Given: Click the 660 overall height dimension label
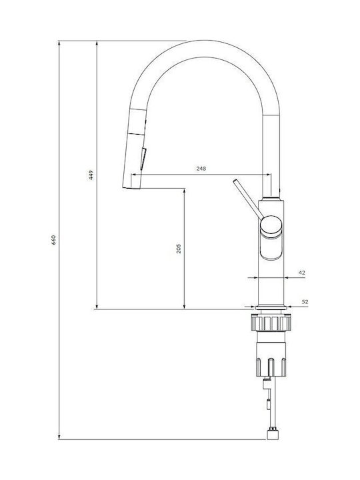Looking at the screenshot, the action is [x=53, y=241].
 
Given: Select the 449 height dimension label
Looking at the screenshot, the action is [x=91, y=175].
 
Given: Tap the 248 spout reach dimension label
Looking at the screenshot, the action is [x=201, y=169].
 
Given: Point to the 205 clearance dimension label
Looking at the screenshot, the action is [x=179, y=248].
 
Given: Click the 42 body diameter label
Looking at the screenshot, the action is [x=302, y=273].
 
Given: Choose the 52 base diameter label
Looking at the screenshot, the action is [x=305, y=301].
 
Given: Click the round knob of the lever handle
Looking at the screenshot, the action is [x=271, y=225].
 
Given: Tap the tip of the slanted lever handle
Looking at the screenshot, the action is [x=235, y=181].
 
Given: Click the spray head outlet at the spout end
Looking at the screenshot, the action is [x=131, y=187].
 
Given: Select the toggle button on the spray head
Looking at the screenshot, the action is [x=143, y=159].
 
